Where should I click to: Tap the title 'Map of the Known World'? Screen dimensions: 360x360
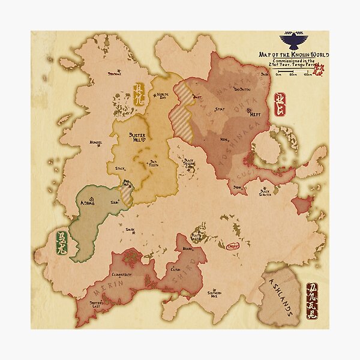click(x=293, y=55)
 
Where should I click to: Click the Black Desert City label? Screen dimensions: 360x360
click(x=191, y=164)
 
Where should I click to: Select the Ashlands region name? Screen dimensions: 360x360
click(x=281, y=297)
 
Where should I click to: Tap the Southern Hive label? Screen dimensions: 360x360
click(x=215, y=294)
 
